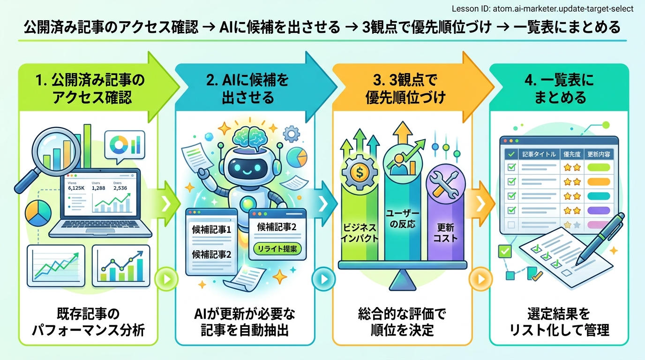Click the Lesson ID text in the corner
542,9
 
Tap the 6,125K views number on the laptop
76,188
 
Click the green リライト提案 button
277,248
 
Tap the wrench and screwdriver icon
443,185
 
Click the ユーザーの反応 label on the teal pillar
401,217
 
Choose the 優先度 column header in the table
571,154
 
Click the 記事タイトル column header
538,154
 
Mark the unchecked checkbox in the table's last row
511,225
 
